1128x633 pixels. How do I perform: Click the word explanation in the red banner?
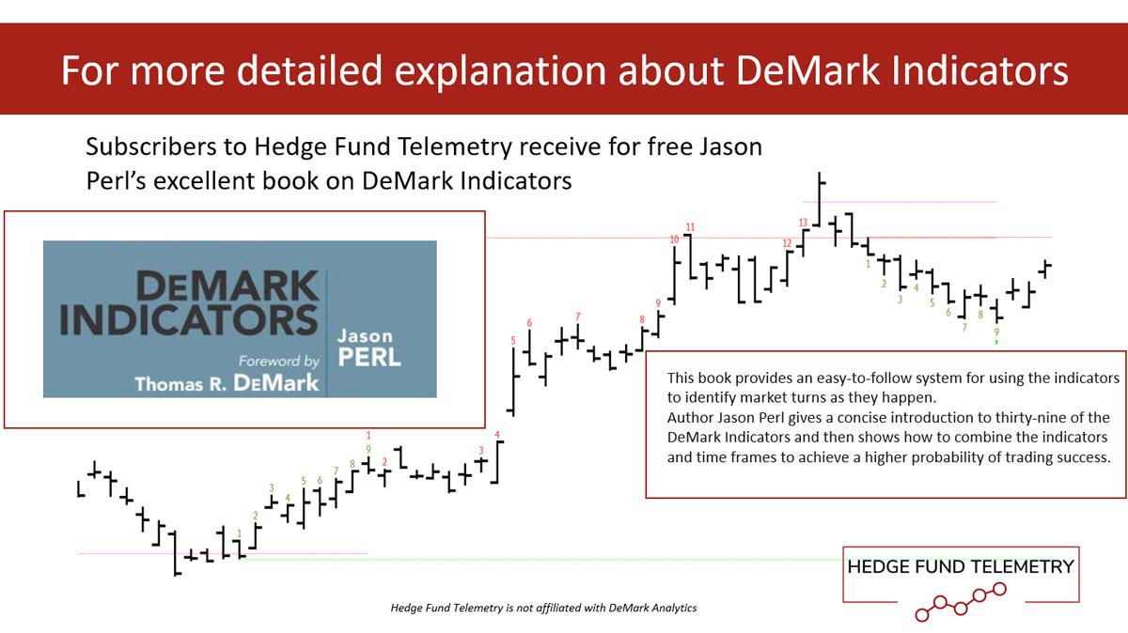pos(500,70)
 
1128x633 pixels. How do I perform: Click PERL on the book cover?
pos(369,357)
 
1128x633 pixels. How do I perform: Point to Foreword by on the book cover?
pos(279,361)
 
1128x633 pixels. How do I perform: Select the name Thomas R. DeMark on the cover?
pos(227,383)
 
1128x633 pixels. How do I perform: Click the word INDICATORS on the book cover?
pos(189,320)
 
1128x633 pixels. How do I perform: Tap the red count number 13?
pos(803,223)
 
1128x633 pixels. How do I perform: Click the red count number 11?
pos(690,227)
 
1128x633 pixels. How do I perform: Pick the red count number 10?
pos(674,239)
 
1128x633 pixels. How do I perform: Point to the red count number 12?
pos(787,243)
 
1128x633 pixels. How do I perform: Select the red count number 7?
pos(577,316)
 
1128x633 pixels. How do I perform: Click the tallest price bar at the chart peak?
pos(820,200)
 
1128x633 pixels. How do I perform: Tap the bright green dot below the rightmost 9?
pos(996,342)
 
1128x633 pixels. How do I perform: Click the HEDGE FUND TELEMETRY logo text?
pos(961,567)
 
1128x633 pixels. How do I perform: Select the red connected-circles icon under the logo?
pos(961,602)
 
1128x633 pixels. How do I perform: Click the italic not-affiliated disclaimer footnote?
pos(544,608)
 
